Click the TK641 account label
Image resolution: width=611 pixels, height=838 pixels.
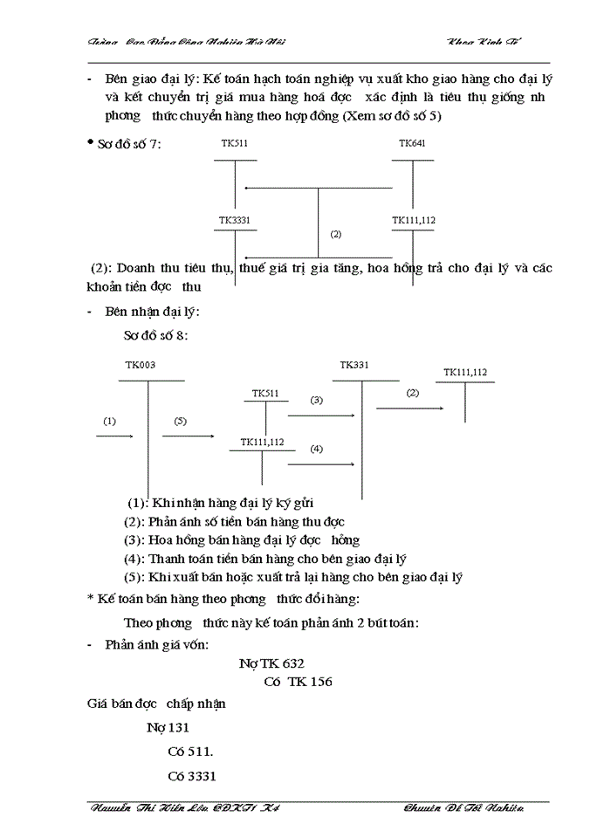[412, 143]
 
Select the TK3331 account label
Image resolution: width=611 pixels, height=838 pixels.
[234, 220]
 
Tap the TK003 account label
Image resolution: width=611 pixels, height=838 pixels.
[141, 366]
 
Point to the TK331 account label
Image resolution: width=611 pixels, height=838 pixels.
[354, 365]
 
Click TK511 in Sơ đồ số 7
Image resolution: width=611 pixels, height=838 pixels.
[234, 143]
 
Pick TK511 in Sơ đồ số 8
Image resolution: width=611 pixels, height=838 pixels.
[265, 394]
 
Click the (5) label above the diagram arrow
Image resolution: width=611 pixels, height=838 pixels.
[181, 421]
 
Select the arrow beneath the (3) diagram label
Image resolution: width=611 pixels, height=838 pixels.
[320, 416]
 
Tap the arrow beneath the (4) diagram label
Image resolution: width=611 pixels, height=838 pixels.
[320, 464]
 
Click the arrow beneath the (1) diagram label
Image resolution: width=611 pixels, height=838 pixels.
[113, 435]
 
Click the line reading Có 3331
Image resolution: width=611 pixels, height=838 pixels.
[191, 776]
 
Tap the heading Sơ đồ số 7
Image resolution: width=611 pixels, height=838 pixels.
[130, 144]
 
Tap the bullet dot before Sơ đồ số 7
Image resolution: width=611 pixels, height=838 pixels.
[91, 142]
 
